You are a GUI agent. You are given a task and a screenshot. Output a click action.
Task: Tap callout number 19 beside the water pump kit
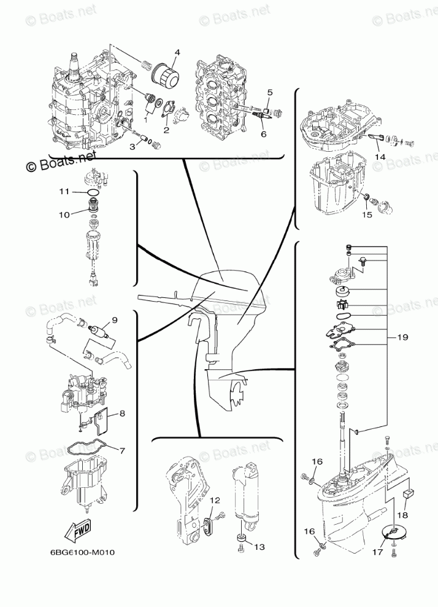pyautogui.click(x=402, y=337)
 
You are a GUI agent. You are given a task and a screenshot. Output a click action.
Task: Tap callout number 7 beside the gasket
pyautogui.click(x=121, y=450)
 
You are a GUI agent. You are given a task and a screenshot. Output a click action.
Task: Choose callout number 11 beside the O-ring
pyautogui.click(x=64, y=192)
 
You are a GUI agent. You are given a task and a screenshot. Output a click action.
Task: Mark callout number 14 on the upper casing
pyautogui.click(x=380, y=157)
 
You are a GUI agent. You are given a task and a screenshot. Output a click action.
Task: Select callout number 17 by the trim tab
pyautogui.click(x=378, y=552)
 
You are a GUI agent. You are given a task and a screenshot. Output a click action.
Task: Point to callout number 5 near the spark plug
pyautogui.click(x=268, y=92)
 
